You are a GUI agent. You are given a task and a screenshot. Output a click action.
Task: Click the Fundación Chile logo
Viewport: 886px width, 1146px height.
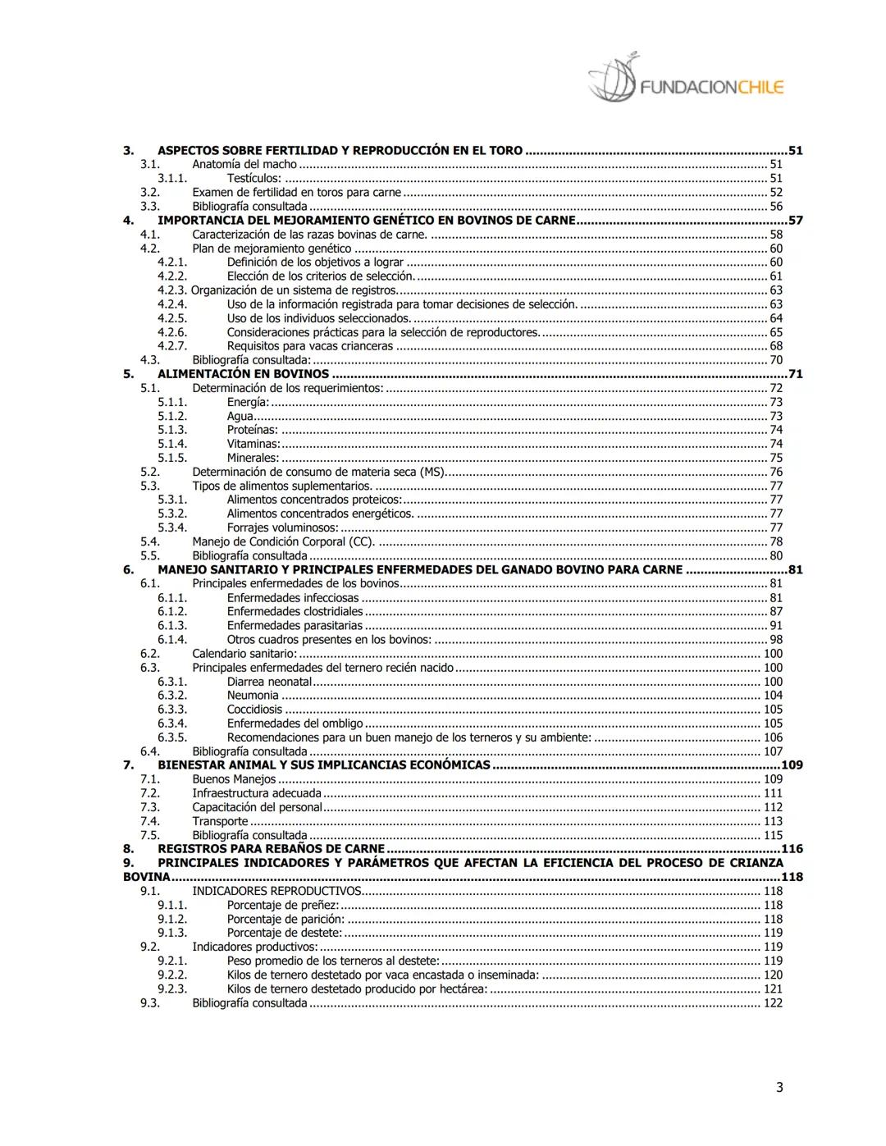click(686, 80)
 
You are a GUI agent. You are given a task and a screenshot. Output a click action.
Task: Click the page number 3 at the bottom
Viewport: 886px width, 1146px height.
click(779, 1088)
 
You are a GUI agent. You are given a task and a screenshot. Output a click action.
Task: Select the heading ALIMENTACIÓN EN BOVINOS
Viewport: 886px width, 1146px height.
click(243, 374)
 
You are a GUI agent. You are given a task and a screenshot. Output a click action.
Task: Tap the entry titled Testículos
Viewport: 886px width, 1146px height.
click(253, 178)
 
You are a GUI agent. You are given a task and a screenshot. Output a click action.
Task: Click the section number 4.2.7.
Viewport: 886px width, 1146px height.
click(172, 346)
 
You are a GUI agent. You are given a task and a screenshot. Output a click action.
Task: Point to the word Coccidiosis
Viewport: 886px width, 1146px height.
click(254, 710)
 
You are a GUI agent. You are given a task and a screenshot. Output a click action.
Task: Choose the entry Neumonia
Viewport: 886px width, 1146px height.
click(253, 696)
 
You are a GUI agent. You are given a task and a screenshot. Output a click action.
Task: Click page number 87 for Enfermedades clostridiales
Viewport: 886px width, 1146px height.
click(775, 611)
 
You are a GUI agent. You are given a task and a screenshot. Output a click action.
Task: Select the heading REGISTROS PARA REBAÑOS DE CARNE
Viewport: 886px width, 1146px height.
click(271, 849)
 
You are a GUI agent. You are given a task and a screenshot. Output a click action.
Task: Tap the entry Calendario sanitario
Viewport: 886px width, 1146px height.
click(244, 654)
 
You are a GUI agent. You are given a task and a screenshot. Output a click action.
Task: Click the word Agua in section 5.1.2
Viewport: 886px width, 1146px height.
click(240, 416)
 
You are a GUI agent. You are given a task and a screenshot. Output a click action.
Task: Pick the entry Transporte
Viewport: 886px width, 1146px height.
click(220, 821)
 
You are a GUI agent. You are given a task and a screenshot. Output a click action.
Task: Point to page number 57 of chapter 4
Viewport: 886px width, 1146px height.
click(795, 221)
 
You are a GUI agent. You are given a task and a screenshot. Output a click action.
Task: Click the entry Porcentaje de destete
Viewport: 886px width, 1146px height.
click(284, 933)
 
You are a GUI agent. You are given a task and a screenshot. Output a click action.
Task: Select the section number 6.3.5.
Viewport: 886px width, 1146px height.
click(172, 737)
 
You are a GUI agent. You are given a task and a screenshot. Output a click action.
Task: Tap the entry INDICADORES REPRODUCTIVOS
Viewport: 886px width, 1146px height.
click(276, 891)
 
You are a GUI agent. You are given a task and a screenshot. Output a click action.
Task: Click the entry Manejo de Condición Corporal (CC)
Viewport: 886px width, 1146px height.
click(283, 541)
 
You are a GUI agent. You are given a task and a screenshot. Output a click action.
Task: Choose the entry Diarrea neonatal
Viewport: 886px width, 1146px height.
click(269, 682)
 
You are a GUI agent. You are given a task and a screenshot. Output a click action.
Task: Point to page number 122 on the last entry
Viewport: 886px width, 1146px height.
click(773, 1003)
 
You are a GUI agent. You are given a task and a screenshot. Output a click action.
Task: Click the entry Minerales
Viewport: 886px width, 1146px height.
click(253, 458)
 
